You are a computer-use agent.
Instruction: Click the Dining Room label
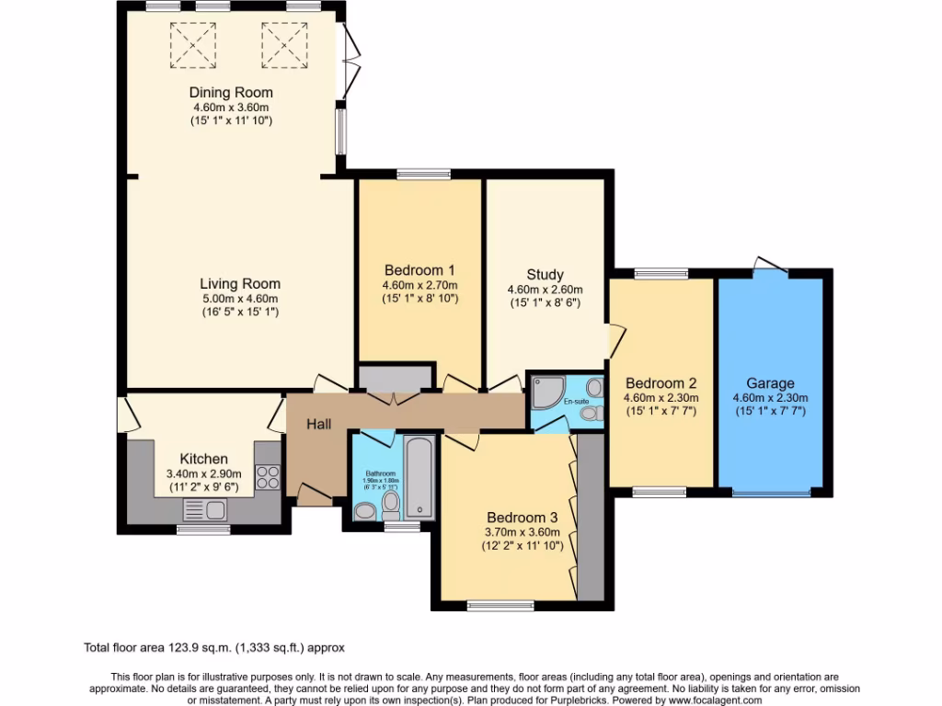pyautogui.click(x=231, y=92)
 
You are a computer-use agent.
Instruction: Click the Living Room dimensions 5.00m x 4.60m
pyautogui.click(x=240, y=298)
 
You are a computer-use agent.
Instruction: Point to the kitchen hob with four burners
pyautogui.click(x=267, y=476)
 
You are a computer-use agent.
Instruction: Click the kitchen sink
pyautogui.click(x=203, y=508)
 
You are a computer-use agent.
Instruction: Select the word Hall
pyautogui.click(x=318, y=424)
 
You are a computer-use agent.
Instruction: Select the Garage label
pyautogui.click(x=770, y=383)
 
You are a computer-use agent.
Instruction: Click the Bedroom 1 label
pyautogui.click(x=419, y=270)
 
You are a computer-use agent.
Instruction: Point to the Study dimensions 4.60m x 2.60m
pyautogui.click(x=545, y=289)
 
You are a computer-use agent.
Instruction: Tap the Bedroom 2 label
pyautogui.click(x=661, y=383)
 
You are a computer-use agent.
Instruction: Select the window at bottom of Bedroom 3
pyautogui.click(x=500, y=605)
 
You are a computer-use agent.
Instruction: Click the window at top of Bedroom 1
pyautogui.click(x=423, y=173)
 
